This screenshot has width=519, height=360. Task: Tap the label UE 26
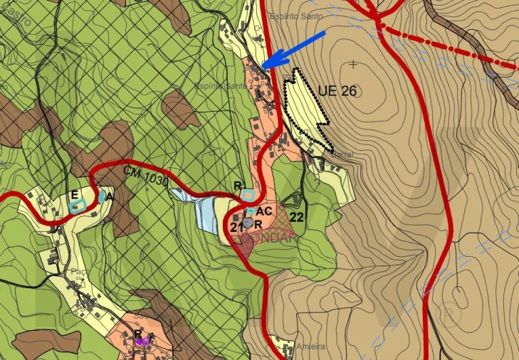(337, 90)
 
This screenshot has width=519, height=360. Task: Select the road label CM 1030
(146, 177)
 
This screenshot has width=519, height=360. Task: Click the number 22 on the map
(298, 217)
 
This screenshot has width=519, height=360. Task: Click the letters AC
(265, 212)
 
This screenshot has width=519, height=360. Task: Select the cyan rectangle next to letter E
(77, 206)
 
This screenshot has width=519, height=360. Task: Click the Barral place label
(343, 154)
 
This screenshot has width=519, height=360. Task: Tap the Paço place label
(79, 271)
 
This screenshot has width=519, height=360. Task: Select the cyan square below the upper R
(248, 195)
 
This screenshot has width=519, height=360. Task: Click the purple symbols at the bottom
(142, 342)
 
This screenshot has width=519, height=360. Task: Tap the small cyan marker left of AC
(250, 212)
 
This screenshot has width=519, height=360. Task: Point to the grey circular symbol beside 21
(246, 223)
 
